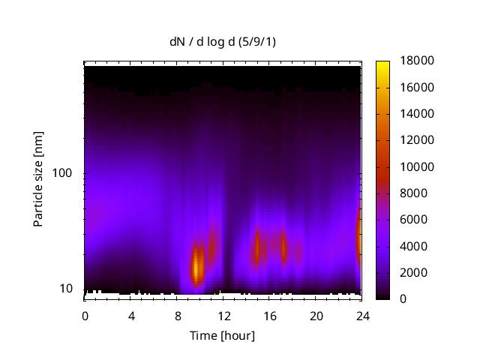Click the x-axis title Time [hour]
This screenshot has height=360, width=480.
coord(222,335)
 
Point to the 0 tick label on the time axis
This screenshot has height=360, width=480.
coord(85,315)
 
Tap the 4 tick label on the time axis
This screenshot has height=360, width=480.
coord(131,315)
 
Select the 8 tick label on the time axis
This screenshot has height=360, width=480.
coord(178,315)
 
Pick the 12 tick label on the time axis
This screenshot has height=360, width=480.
coord(223,315)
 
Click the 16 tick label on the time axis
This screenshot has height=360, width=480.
coord(270,315)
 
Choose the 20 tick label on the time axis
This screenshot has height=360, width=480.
coord(316,315)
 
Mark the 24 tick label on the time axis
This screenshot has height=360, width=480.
coord(363,315)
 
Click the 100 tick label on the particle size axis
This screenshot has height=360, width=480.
coord(62,173)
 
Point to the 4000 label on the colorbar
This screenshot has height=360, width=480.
coord(412,246)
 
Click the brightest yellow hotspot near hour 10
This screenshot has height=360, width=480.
coord(197,266)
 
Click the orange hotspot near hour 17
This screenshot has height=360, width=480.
coord(283,246)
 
